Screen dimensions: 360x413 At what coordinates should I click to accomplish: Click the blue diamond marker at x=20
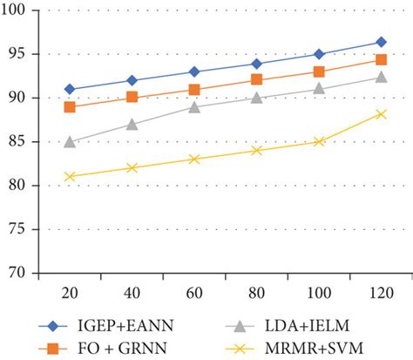point(70,89)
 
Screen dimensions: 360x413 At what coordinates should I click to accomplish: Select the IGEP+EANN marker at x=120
point(381,42)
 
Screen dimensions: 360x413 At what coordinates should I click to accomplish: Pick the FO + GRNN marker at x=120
point(381,59)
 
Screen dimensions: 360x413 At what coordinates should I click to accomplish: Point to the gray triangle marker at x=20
point(70,141)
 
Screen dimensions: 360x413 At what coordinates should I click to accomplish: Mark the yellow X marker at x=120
point(381,113)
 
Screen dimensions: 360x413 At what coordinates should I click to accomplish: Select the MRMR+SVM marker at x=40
point(132,167)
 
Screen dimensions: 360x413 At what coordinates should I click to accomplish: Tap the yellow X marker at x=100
point(319,141)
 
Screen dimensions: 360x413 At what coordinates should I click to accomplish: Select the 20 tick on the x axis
point(70,290)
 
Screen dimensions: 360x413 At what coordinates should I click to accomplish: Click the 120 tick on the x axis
point(381,290)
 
